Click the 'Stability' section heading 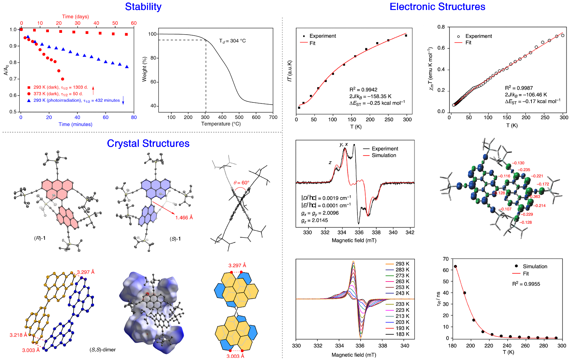(x=143, y=7)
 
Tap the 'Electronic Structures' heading (x=437, y=7)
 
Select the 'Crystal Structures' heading (x=148, y=143)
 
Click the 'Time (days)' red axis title (x=75, y=16)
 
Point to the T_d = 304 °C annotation (x=232, y=41)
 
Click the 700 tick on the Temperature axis (x=273, y=117)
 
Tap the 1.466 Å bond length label (x=184, y=218)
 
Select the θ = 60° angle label (x=241, y=183)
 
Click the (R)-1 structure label (x=40, y=238)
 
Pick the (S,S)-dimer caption (x=102, y=350)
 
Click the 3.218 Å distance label (x=18, y=335)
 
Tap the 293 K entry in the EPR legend (x=402, y=264)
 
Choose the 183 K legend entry (x=402, y=334)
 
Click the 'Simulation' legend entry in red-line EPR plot (x=383, y=155)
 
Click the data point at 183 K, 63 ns (x=455, y=267)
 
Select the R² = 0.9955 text (x=526, y=284)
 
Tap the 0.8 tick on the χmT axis (x=441, y=27)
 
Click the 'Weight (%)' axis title (x=144, y=69)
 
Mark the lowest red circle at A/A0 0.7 (x=62, y=79)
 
